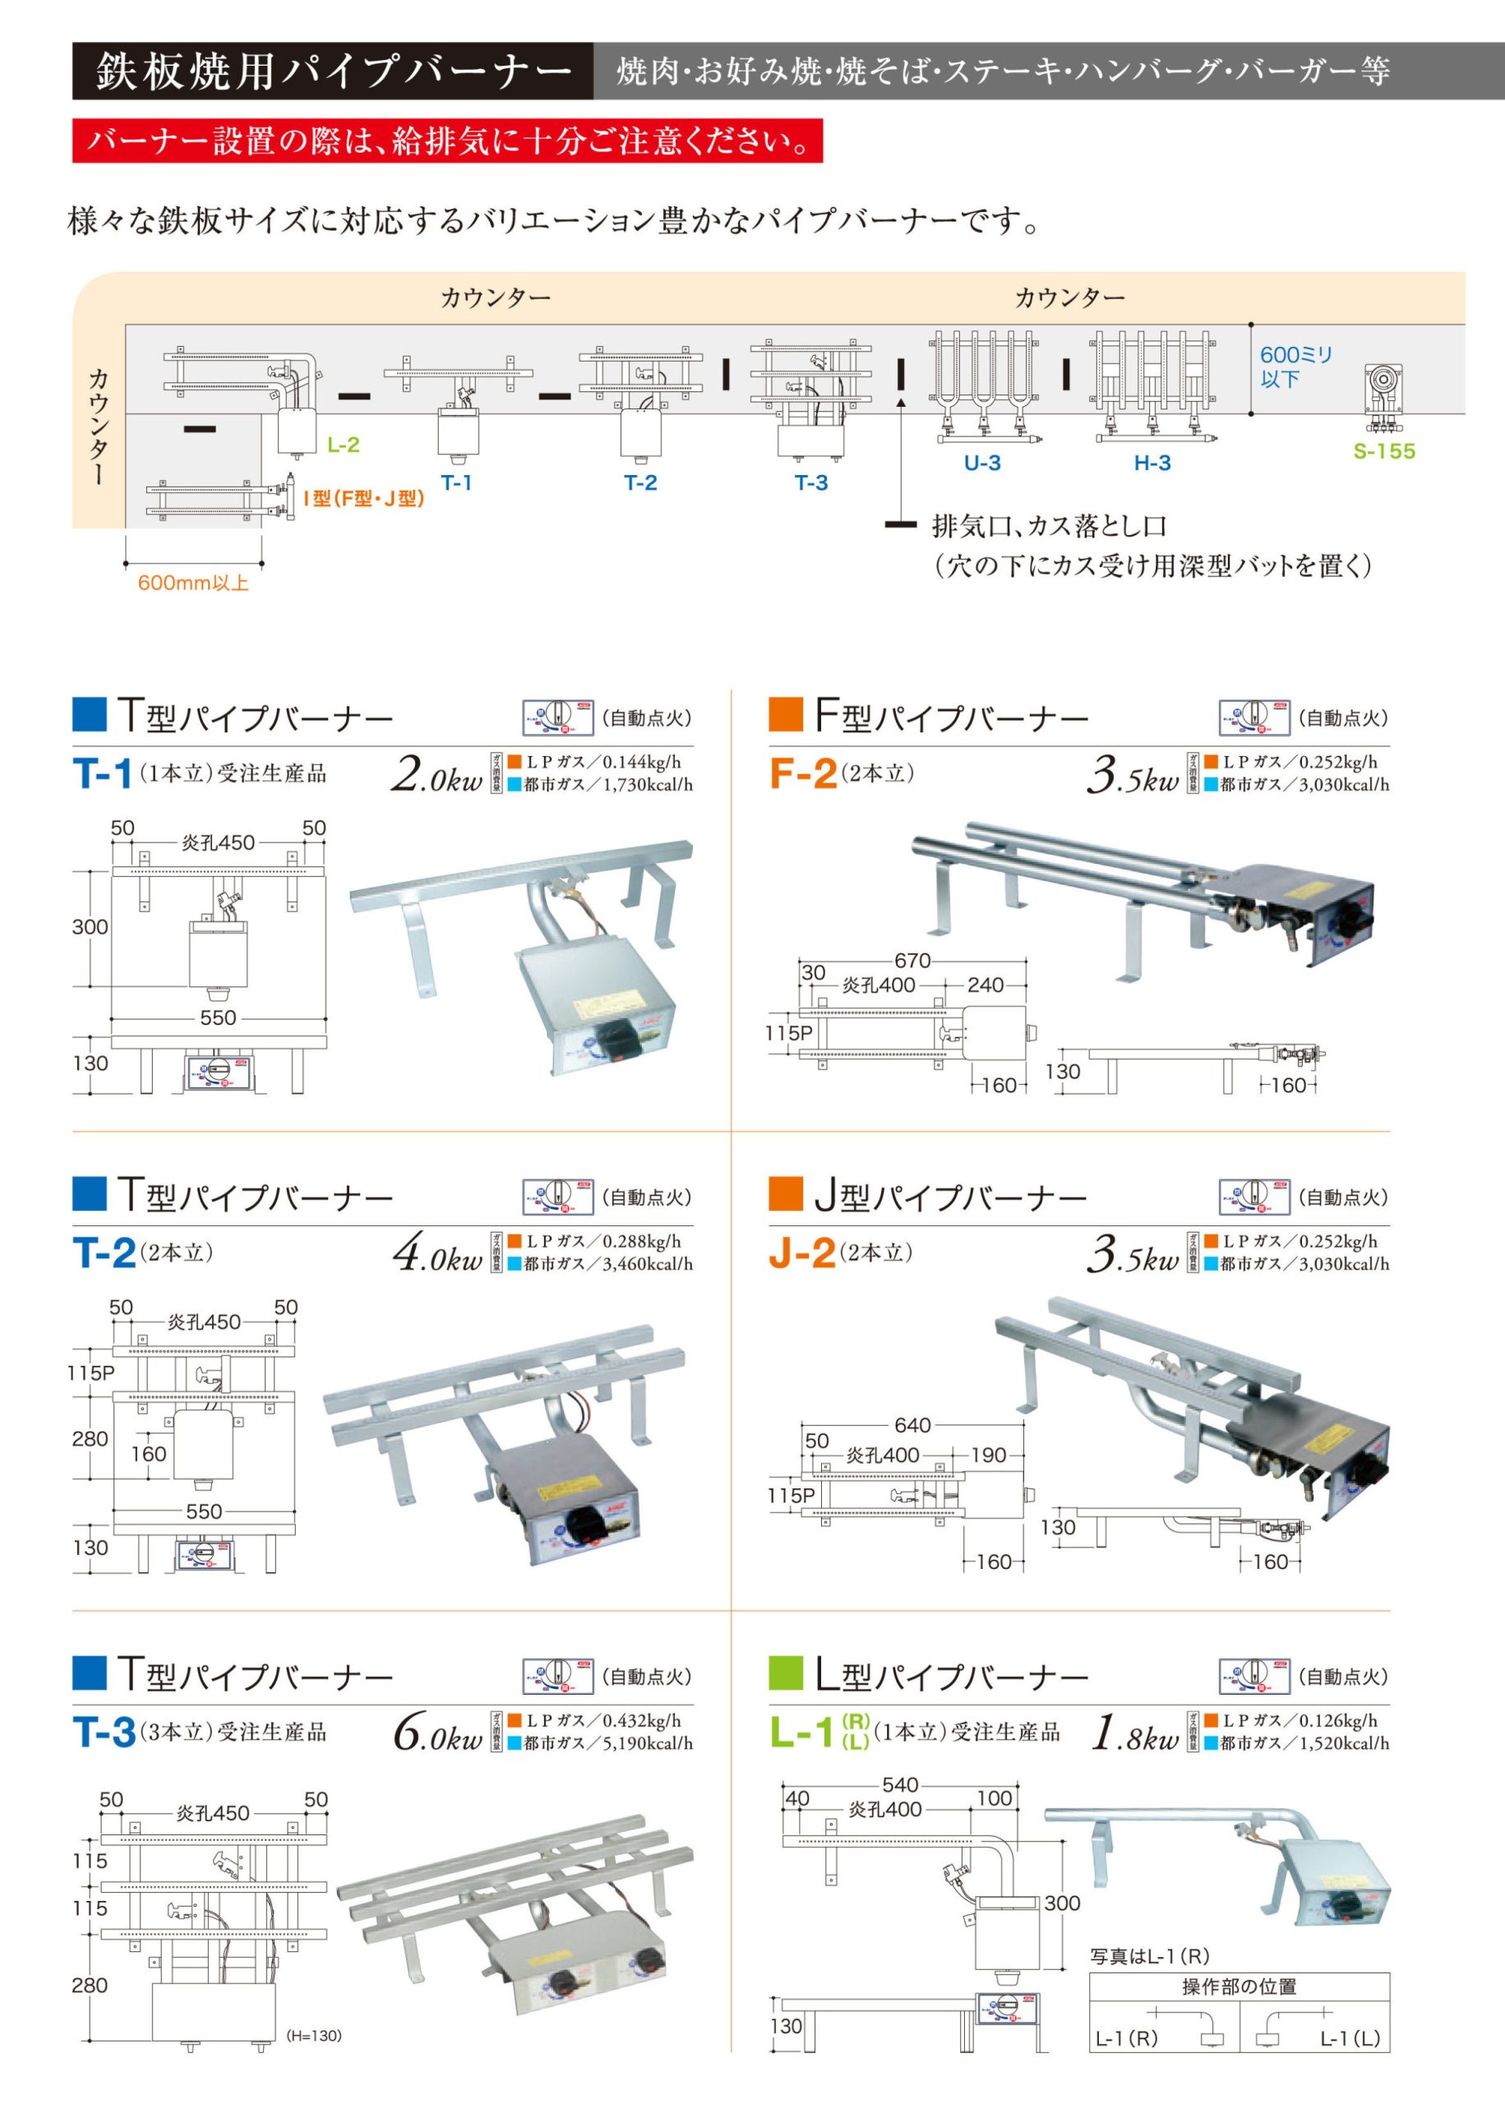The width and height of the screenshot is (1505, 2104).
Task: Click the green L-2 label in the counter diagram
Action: pyautogui.click(x=343, y=445)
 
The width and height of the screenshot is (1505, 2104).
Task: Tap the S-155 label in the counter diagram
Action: pyautogui.click(x=1383, y=451)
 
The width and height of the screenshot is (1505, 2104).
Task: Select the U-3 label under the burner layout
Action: pyautogui.click(x=981, y=464)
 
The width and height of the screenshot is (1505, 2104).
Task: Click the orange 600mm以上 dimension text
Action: pyautogui.click(x=193, y=583)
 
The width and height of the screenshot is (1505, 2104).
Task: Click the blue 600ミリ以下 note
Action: pyautogui.click(x=1295, y=367)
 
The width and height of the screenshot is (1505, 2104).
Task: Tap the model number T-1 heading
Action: pyautogui.click(x=102, y=773)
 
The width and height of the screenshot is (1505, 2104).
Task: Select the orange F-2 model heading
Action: pyautogui.click(x=802, y=773)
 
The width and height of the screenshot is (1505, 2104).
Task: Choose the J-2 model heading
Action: pyautogui.click(x=801, y=1253)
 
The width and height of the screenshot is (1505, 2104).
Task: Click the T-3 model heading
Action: pyautogui.click(x=104, y=1733)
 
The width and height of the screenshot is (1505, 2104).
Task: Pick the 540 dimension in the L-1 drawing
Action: pyautogui.click(x=900, y=1784)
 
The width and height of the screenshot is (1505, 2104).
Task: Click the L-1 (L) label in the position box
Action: pyautogui.click(x=1350, y=2038)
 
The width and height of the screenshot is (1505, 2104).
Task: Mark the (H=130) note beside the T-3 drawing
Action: pyautogui.click(x=313, y=2036)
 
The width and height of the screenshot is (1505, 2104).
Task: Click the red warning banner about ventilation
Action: pyautogui.click(x=448, y=141)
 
